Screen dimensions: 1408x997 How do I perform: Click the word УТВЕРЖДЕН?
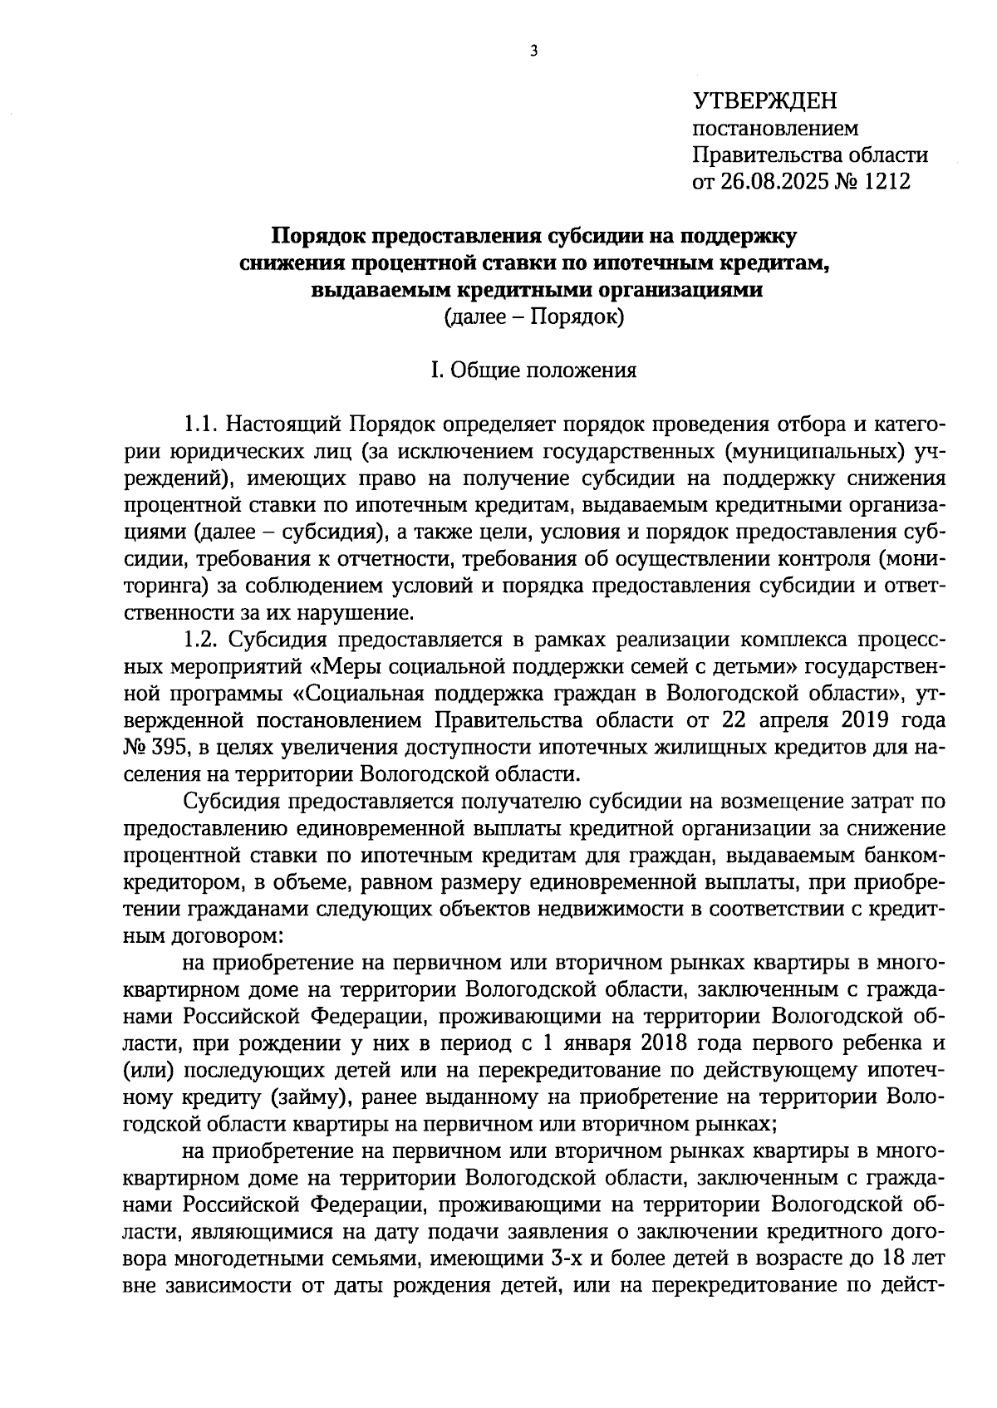pyautogui.click(x=765, y=102)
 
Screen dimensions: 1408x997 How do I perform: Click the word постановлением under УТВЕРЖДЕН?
pyautogui.click(x=775, y=129)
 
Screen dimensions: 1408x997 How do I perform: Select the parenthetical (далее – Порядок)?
pyautogui.click(x=533, y=316)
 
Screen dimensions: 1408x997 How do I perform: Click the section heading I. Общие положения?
pyautogui.click(x=533, y=370)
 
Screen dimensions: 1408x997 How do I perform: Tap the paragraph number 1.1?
pyautogui.click(x=199, y=424)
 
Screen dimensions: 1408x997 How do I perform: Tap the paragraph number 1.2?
pyautogui.click(x=199, y=640)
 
